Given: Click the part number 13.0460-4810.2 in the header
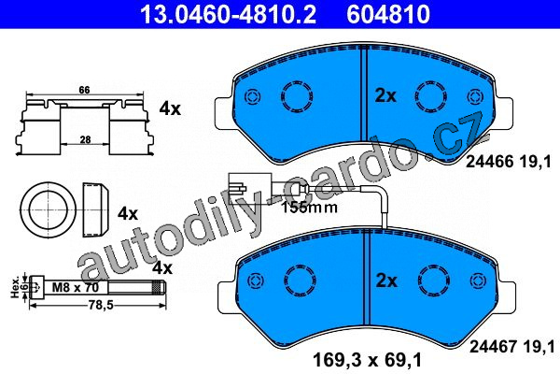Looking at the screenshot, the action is [x=228, y=14].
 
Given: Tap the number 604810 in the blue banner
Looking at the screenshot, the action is [x=388, y=14].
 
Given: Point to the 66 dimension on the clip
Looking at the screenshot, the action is [x=84, y=90].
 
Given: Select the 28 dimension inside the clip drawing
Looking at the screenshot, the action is [x=85, y=139].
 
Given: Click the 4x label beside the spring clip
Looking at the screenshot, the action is [x=170, y=108].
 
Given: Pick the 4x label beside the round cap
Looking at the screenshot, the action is [x=128, y=214].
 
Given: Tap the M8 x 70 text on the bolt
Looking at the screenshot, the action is [x=75, y=287].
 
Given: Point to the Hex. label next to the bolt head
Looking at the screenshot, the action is [x=15, y=288].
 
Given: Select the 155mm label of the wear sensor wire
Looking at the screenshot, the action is [x=309, y=208].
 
